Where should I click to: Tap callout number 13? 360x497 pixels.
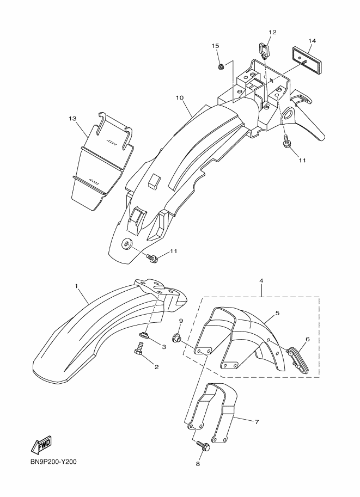tap(72, 118)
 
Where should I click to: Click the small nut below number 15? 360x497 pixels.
tap(221, 67)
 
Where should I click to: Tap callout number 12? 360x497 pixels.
tap(272, 32)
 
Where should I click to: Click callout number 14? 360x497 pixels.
tap(312, 41)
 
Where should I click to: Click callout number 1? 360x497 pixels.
tap(77, 286)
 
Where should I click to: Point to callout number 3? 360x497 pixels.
tap(163, 347)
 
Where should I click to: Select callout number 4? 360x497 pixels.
tap(261, 280)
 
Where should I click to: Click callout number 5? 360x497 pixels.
tap(277, 313)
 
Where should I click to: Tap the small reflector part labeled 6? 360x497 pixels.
tap(296, 357)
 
